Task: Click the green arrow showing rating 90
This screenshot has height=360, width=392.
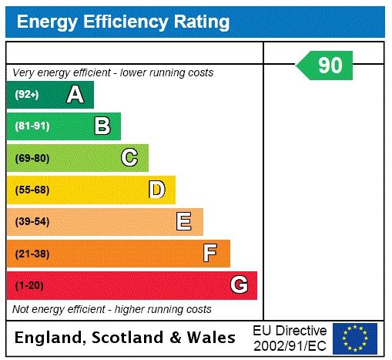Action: (326, 66)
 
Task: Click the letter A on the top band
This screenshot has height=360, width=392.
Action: (75, 95)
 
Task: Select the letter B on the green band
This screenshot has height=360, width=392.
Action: (102, 126)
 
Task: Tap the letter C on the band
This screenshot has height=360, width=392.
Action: (129, 158)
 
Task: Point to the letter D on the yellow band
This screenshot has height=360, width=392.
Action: (156, 190)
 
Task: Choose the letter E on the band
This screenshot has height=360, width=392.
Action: (184, 222)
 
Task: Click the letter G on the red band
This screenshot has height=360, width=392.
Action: (239, 285)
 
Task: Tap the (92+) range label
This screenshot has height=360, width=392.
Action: (27, 95)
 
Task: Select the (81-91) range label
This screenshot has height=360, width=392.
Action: (32, 126)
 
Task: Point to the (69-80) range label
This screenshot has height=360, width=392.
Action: (32, 158)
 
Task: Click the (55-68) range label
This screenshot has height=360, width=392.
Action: (32, 190)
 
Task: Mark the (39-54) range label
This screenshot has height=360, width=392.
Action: (32, 222)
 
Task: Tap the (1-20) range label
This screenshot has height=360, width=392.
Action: (29, 285)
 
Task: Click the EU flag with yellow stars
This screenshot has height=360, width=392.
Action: (355, 338)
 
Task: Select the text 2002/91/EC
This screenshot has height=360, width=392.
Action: (290, 345)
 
